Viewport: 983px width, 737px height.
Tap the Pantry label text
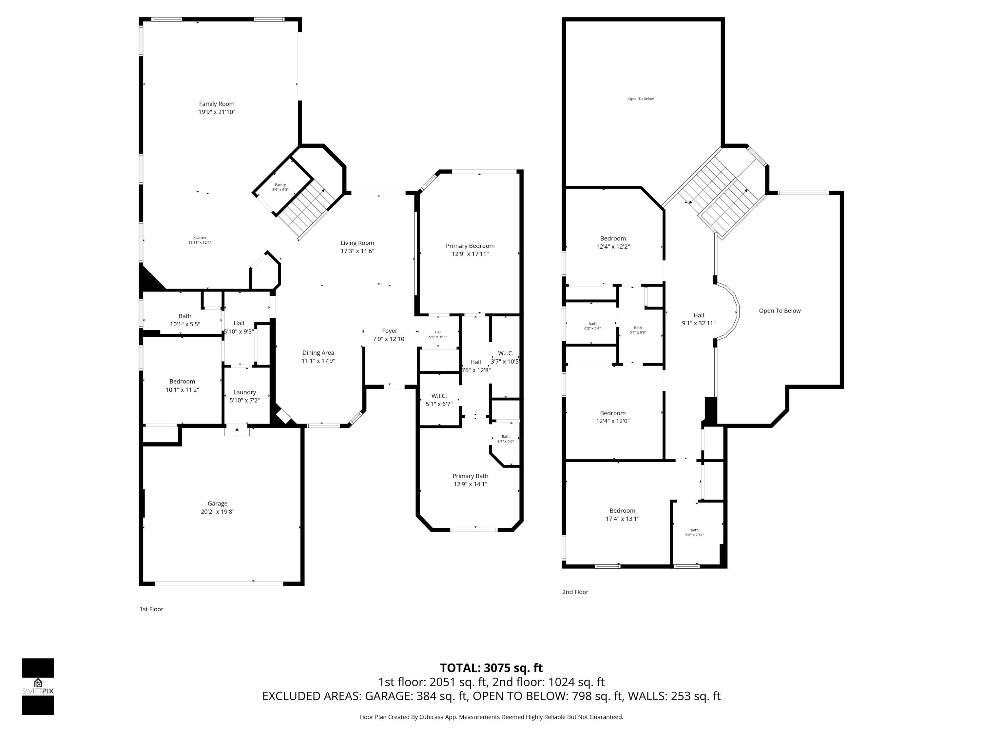click(280, 185)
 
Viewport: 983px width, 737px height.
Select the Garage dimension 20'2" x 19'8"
click(217, 511)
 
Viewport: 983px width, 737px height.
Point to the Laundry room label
click(244, 392)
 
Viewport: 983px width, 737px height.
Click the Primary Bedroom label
click(470, 246)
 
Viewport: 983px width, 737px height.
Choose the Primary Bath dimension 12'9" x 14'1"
click(470, 484)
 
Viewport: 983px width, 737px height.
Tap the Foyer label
click(390, 331)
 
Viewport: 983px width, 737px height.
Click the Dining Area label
click(318, 353)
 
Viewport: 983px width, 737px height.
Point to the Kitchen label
click(200, 238)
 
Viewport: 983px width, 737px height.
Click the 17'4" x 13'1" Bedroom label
click(622, 511)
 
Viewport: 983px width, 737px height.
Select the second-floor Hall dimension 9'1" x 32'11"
click(699, 323)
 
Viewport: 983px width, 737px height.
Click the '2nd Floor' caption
click(575, 592)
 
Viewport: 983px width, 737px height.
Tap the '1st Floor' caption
click(151, 609)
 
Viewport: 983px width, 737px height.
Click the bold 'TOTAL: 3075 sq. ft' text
click(491, 668)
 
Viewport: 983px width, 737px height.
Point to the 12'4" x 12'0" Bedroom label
click(613, 413)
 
